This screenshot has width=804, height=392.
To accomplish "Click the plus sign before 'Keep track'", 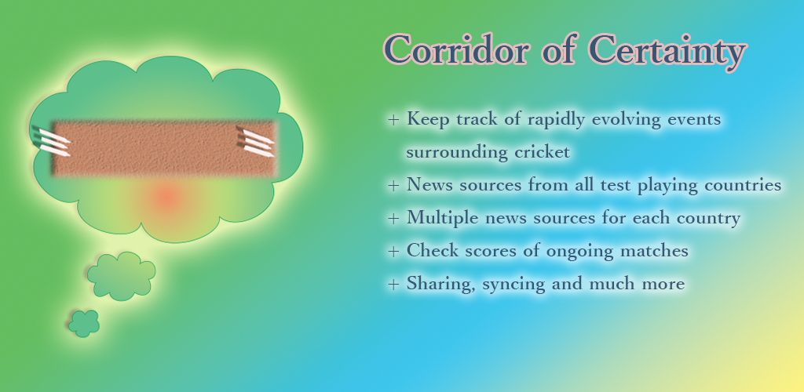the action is (393, 120).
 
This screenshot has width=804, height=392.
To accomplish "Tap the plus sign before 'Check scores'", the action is (393, 251).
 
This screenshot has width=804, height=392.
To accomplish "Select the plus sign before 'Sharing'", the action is (393, 284).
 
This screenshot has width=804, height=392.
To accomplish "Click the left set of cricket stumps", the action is (51, 141).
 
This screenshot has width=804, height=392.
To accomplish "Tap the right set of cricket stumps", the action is (255, 142).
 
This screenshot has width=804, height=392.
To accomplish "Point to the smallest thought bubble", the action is (83, 324).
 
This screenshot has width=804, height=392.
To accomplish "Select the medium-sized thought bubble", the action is (121, 276).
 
